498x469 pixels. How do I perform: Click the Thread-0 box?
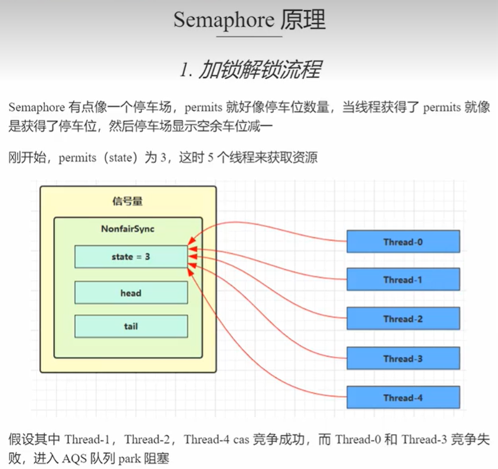pyautogui.click(x=403, y=242)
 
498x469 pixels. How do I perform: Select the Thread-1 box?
pyautogui.click(x=403, y=279)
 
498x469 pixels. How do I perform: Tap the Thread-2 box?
pyautogui.click(x=403, y=319)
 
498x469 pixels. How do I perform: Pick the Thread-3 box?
pyautogui.click(x=403, y=359)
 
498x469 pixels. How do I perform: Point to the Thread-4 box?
pyautogui.click(x=403, y=398)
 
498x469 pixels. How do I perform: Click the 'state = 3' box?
pyautogui.click(x=131, y=257)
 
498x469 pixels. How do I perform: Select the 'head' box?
pyautogui.click(x=131, y=292)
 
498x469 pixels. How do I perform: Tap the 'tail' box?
pyautogui.click(x=131, y=326)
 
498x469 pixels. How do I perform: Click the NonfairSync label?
pyautogui.click(x=127, y=229)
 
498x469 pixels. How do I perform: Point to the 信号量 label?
pyautogui.click(x=127, y=201)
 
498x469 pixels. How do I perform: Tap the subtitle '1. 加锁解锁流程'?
pyautogui.click(x=250, y=70)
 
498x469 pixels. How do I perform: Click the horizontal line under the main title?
pyautogui.click(x=250, y=37)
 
